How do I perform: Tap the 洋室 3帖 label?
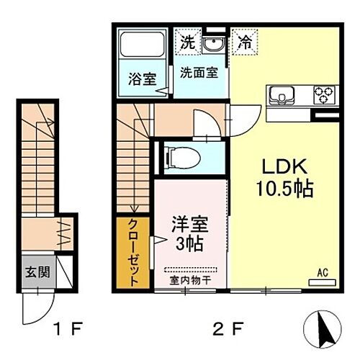coord(188,231)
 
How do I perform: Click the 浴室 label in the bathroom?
coord(143,79)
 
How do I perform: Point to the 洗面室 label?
coord(199,73)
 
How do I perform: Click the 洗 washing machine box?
coord(187,42)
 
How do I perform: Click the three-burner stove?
coord(322,95)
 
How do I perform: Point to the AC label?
coord(323,273)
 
